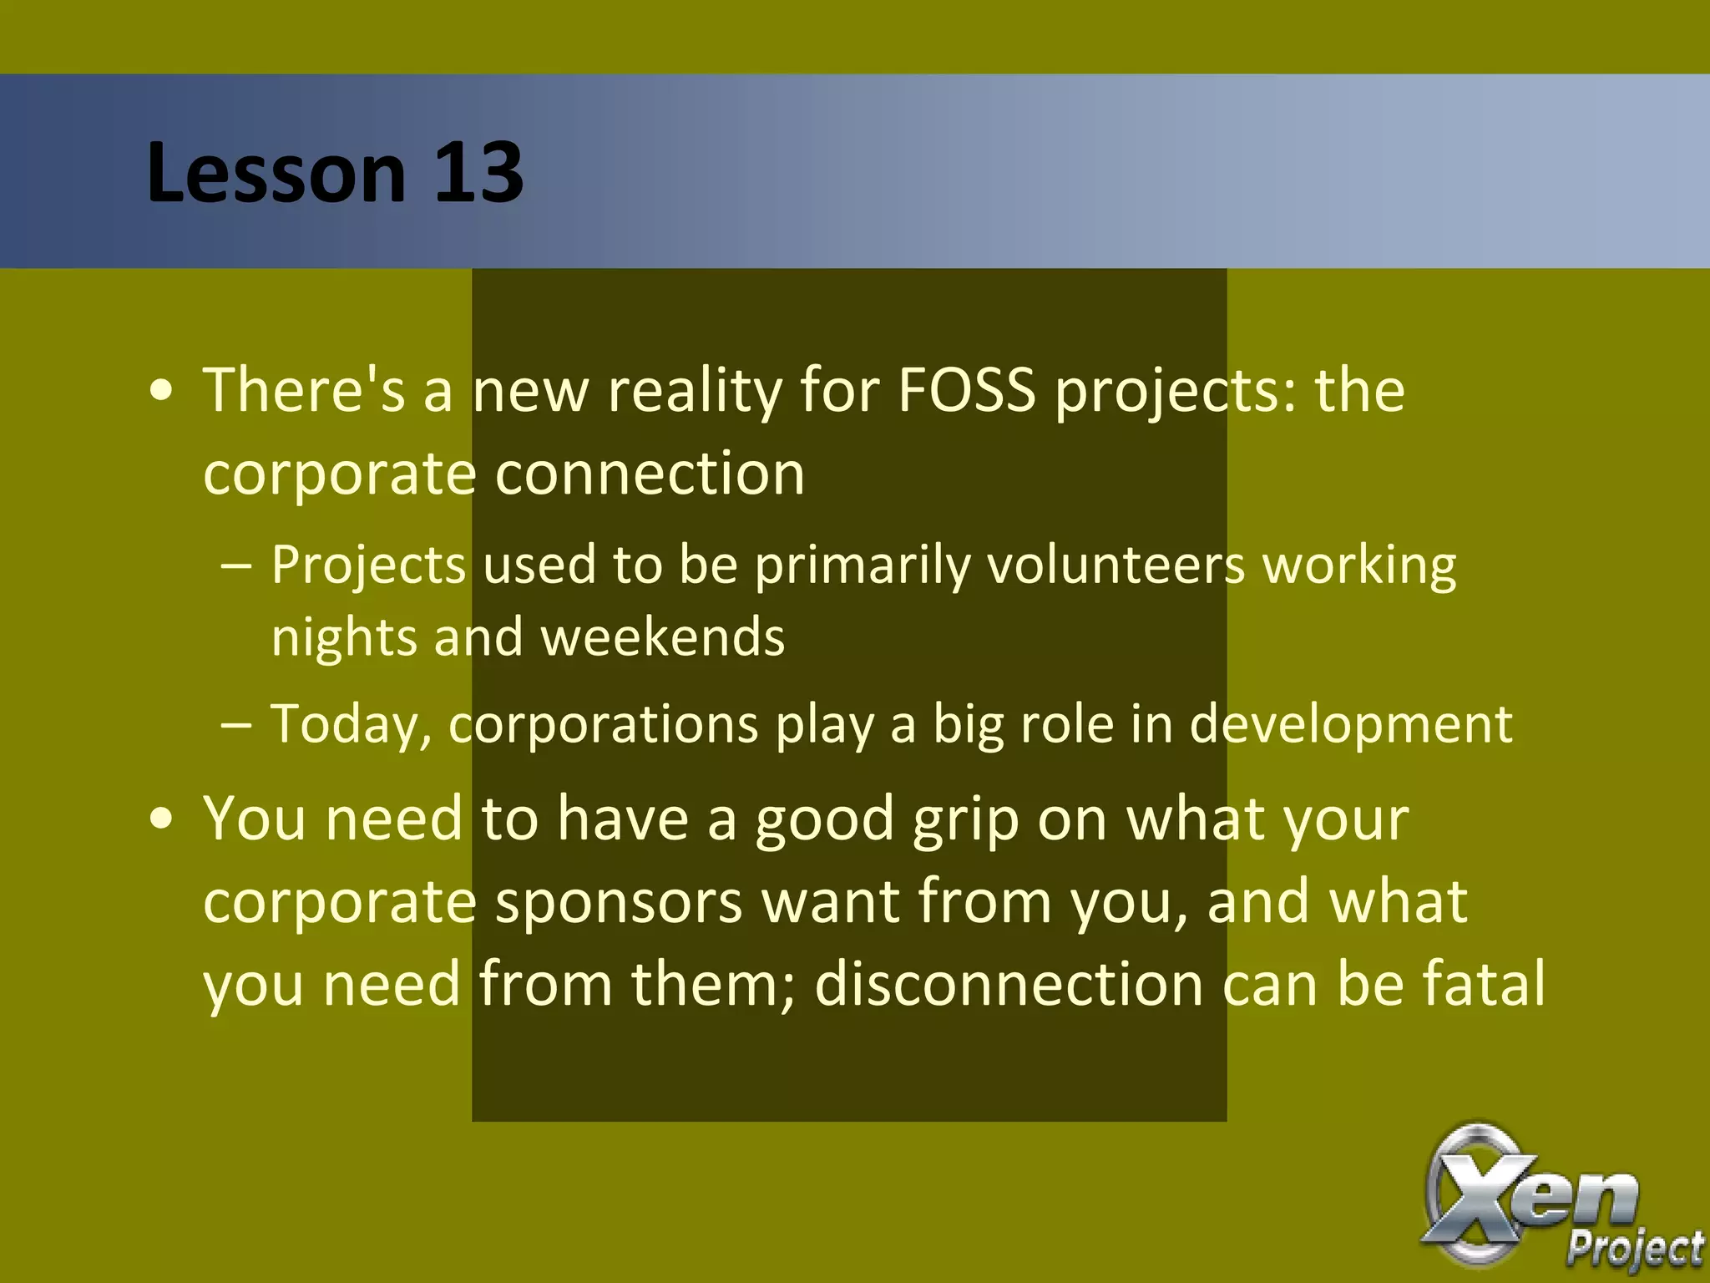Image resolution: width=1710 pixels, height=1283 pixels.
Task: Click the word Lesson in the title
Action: [x=276, y=172]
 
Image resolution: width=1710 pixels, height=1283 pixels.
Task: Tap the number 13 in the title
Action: [x=478, y=172]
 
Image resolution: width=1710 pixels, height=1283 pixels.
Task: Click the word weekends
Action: [x=663, y=636]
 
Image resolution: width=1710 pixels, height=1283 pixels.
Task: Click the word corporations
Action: [x=603, y=723]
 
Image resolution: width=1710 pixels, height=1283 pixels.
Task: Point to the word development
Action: [x=1350, y=723]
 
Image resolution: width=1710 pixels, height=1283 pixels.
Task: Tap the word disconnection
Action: [x=1009, y=984]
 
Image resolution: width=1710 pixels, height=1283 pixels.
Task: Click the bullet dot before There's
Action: [x=162, y=391]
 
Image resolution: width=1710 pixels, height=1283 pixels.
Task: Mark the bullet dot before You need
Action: [x=162, y=819]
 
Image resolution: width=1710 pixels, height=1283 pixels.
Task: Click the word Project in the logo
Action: [x=1634, y=1250]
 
